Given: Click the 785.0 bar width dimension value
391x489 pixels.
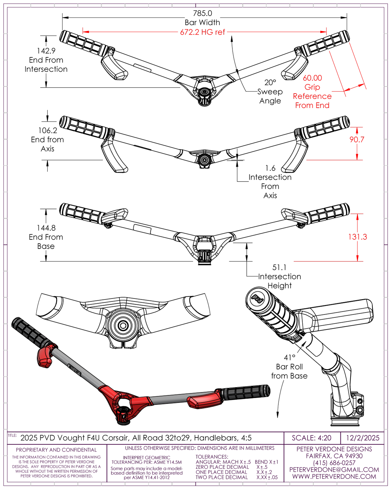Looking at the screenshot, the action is [202, 13].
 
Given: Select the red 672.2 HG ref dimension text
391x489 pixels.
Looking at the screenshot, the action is [202, 32].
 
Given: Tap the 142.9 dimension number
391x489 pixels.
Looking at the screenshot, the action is [46, 51].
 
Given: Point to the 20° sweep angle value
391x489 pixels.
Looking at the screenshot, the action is [270, 82].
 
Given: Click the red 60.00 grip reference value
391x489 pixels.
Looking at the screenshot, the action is [312, 78].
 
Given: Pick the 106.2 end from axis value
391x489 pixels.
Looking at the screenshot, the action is [48, 130].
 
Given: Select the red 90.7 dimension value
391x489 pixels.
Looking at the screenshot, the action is [357, 140].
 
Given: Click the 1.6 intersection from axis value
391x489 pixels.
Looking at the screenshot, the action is [270, 168].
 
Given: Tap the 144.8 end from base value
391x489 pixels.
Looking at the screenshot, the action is [46, 228].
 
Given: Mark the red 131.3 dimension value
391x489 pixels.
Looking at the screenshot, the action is [358, 237].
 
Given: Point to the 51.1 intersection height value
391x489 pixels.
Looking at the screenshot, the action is [280, 267].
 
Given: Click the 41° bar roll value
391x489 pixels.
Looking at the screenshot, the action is [290, 357].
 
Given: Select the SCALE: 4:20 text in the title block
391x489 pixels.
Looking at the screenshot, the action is [311, 437].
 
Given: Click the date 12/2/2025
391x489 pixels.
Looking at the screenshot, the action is [363, 437].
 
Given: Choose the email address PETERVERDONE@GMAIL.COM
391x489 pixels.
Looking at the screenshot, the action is [334, 469].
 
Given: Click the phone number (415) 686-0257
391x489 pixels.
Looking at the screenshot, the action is [334, 463].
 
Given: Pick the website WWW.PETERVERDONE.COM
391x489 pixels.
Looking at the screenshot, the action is [334, 476].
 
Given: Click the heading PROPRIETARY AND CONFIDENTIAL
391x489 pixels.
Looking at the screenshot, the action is [56, 450].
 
